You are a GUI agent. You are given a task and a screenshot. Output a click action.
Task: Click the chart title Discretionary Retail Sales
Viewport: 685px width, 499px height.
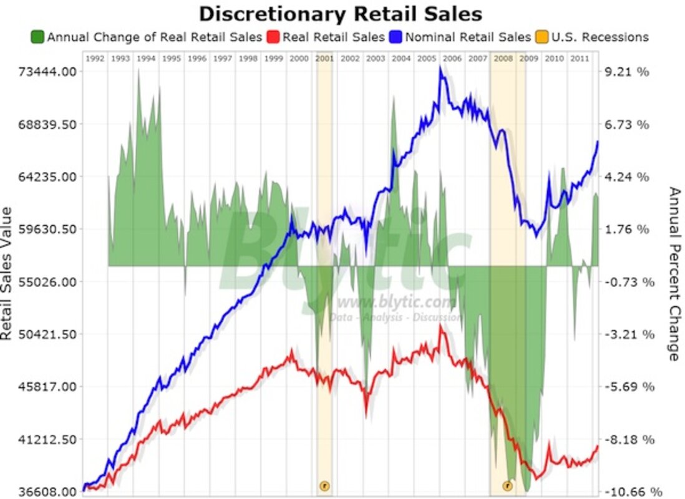340,14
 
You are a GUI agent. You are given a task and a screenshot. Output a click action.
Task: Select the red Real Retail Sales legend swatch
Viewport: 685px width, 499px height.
273,37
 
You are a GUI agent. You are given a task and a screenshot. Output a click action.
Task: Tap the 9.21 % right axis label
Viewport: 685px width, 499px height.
626,72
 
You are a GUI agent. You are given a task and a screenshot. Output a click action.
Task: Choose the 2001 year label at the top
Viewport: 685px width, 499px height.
324,59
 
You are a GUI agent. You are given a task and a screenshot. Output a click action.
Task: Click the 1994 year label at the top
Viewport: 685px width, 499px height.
145,59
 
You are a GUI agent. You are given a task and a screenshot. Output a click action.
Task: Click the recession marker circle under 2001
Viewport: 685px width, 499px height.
324,485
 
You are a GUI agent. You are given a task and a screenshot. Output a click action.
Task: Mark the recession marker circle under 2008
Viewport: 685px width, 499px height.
507,485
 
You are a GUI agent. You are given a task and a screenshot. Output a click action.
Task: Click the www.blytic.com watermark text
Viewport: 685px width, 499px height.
394,303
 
